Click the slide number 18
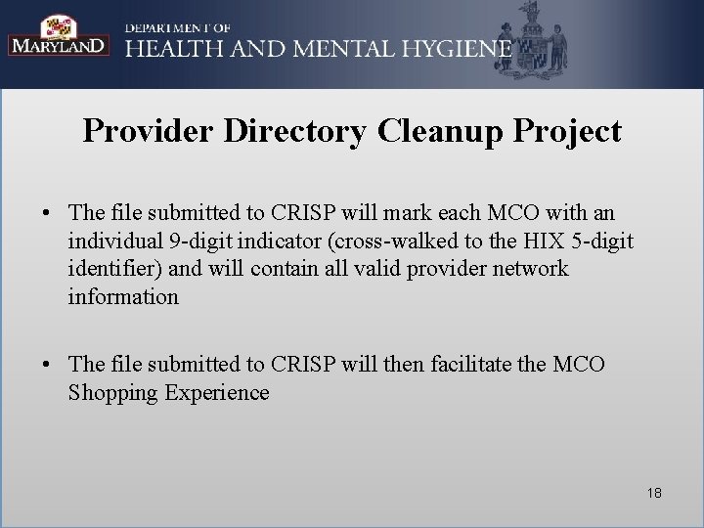click(653, 494)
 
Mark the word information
click(123, 297)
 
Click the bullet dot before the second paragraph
click(46, 365)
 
